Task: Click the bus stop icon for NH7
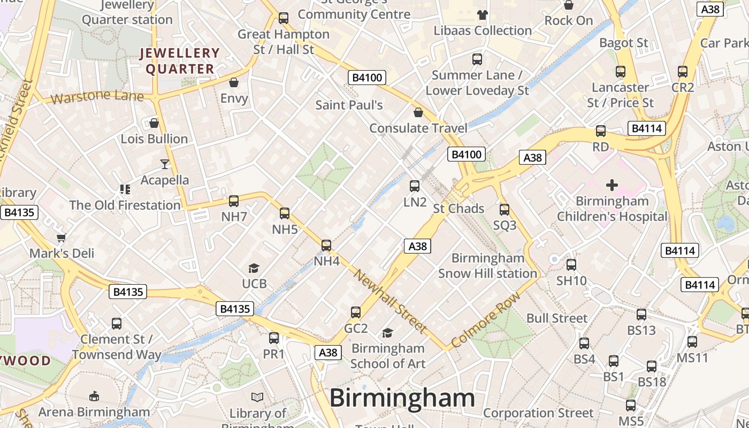pos(234,201)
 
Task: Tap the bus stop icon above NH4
pos(326,246)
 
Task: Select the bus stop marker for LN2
pos(415,186)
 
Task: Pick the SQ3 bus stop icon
pos(505,210)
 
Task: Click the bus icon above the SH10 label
pos(571,264)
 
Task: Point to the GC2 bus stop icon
pos(356,312)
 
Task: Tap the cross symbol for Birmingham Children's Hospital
pos(612,185)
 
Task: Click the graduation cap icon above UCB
pos(254,268)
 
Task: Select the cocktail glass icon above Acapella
pos(165,164)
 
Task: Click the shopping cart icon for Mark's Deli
pos(62,238)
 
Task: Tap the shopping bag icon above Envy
pos(234,82)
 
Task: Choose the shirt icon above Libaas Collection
pos(483,15)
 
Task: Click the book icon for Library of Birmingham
pos(257,397)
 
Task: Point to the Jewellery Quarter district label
pos(180,61)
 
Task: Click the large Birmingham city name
pos(402,398)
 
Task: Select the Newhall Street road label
pos(390,301)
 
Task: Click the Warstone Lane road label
pos(97,97)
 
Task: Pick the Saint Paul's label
pos(349,105)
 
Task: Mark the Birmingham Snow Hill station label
pos(487,266)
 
